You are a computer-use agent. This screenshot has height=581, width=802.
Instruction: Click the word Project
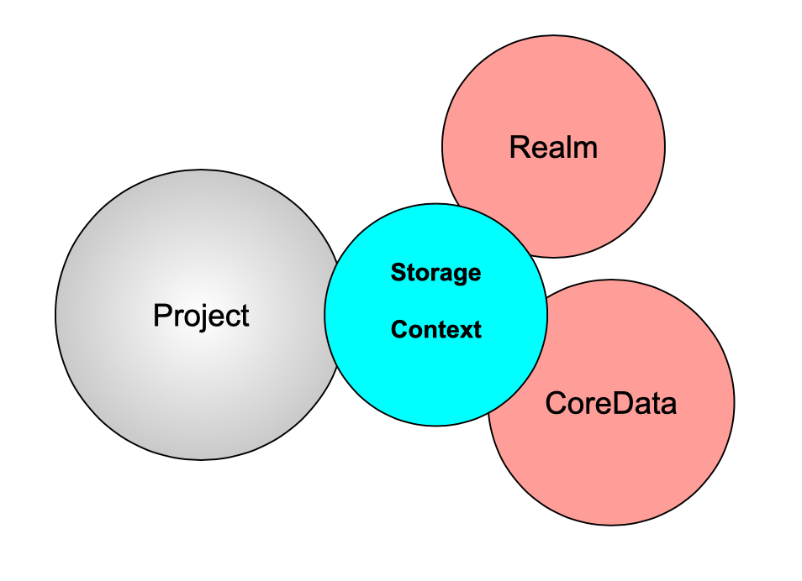[x=201, y=316]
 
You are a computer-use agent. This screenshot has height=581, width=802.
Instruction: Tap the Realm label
[x=553, y=148]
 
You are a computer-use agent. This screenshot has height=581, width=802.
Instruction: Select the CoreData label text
[x=610, y=404]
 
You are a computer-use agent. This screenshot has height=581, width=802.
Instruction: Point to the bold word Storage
[x=435, y=273]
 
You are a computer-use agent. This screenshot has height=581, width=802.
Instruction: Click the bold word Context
[x=435, y=330]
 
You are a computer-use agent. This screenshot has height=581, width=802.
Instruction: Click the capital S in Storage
[x=397, y=273]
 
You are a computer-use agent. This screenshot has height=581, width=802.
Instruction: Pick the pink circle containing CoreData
[x=639, y=470]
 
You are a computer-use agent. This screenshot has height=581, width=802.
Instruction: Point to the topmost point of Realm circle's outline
[x=553, y=35]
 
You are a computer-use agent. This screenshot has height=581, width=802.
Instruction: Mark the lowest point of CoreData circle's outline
[x=611, y=525]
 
